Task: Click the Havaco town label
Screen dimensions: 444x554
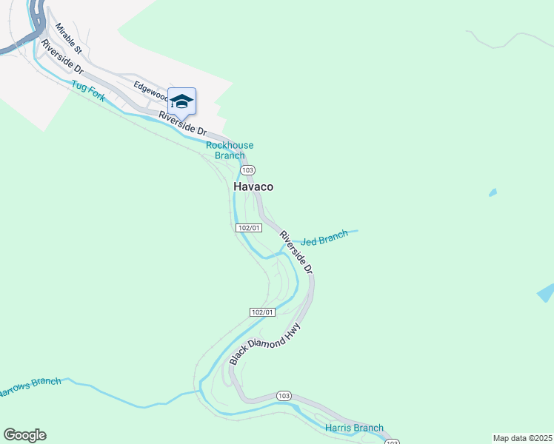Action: click(253, 187)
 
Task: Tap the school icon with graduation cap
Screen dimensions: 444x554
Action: click(181, 101)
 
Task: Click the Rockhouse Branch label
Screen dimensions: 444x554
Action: click(229, 150)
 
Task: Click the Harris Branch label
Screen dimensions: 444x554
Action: click(354, 428)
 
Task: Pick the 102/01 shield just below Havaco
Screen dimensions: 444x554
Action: click(249, 228)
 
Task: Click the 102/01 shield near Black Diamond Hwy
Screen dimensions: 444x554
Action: click(263, 312)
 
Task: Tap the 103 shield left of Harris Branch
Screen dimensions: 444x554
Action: click(284, 396)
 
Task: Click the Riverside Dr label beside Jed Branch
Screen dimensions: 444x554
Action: click(296, 252)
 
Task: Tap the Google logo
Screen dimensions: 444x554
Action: click(24, 435)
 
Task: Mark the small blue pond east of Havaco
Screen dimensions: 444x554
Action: click(493, 193)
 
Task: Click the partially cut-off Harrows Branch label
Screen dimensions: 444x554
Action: click(30, 386)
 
